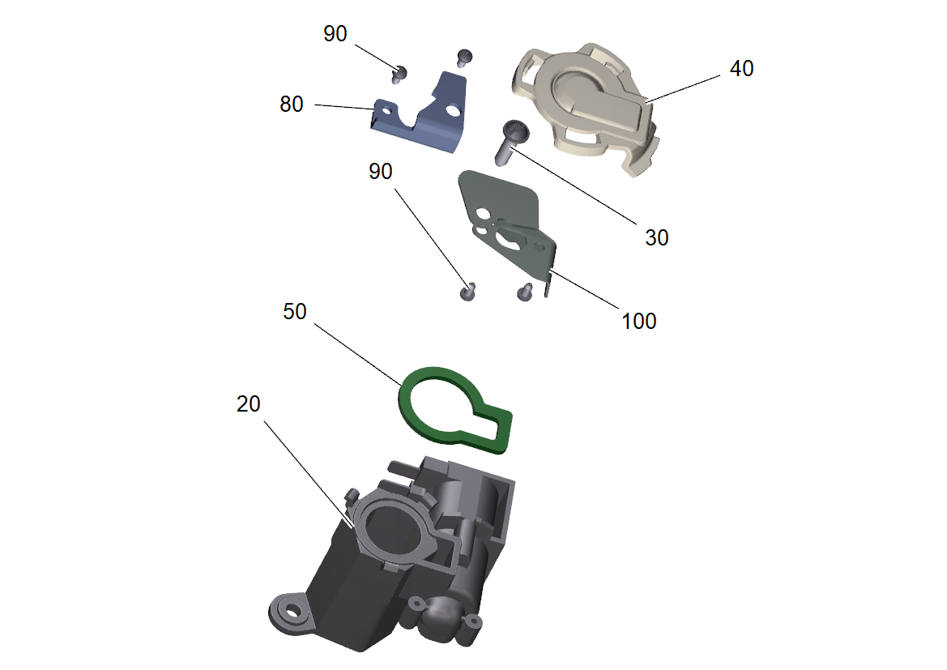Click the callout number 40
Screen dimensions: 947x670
742,68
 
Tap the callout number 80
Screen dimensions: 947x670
291,104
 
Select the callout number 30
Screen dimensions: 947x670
656,237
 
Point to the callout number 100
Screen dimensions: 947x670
639,321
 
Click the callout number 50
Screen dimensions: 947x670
295,311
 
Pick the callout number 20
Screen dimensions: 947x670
248,403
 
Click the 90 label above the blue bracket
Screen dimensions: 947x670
335,34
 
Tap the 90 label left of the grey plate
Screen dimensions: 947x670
381,171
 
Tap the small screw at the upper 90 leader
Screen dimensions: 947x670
399,75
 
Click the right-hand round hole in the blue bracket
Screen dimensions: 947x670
452,110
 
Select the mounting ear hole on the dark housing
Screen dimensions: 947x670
292,611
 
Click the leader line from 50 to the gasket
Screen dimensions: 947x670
357,355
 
